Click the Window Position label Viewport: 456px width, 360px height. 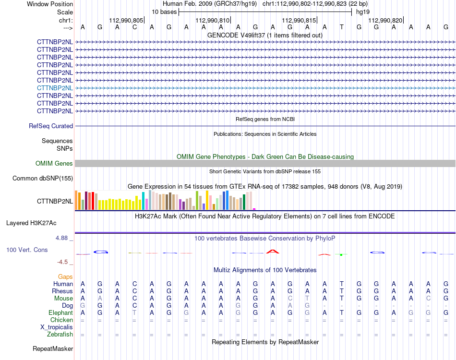(x=50, y=4)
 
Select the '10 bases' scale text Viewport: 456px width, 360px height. (x=164, y=12)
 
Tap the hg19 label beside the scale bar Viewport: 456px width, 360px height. (x=363, y=12)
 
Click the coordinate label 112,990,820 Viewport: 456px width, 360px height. (x=385, y=20)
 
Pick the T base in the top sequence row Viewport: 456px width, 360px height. (x=342, y=27)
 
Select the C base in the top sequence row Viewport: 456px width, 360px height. (x=134, y=27)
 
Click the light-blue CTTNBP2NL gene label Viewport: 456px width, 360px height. (x=55, y=88)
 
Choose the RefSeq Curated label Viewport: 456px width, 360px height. (x=51, y=126)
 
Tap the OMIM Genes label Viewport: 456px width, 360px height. (x=54, y=163)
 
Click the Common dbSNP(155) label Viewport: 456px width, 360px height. (x=43, y=178)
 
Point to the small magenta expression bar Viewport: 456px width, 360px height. (x=254, y=209)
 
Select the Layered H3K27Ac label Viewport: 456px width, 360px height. (x=31, y=223)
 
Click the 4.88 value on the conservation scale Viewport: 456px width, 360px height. (x=61, y=238)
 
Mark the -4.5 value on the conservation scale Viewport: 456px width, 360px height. (x=62, y=262)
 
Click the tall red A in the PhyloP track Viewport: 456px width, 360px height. (x=273, y=252)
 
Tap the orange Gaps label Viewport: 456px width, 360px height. (x=65, y=276)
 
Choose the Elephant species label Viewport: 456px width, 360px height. (x=61, y=312)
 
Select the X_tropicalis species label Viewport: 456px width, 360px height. (x=57, y=327)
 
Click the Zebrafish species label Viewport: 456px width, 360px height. (x=60, y=335)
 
